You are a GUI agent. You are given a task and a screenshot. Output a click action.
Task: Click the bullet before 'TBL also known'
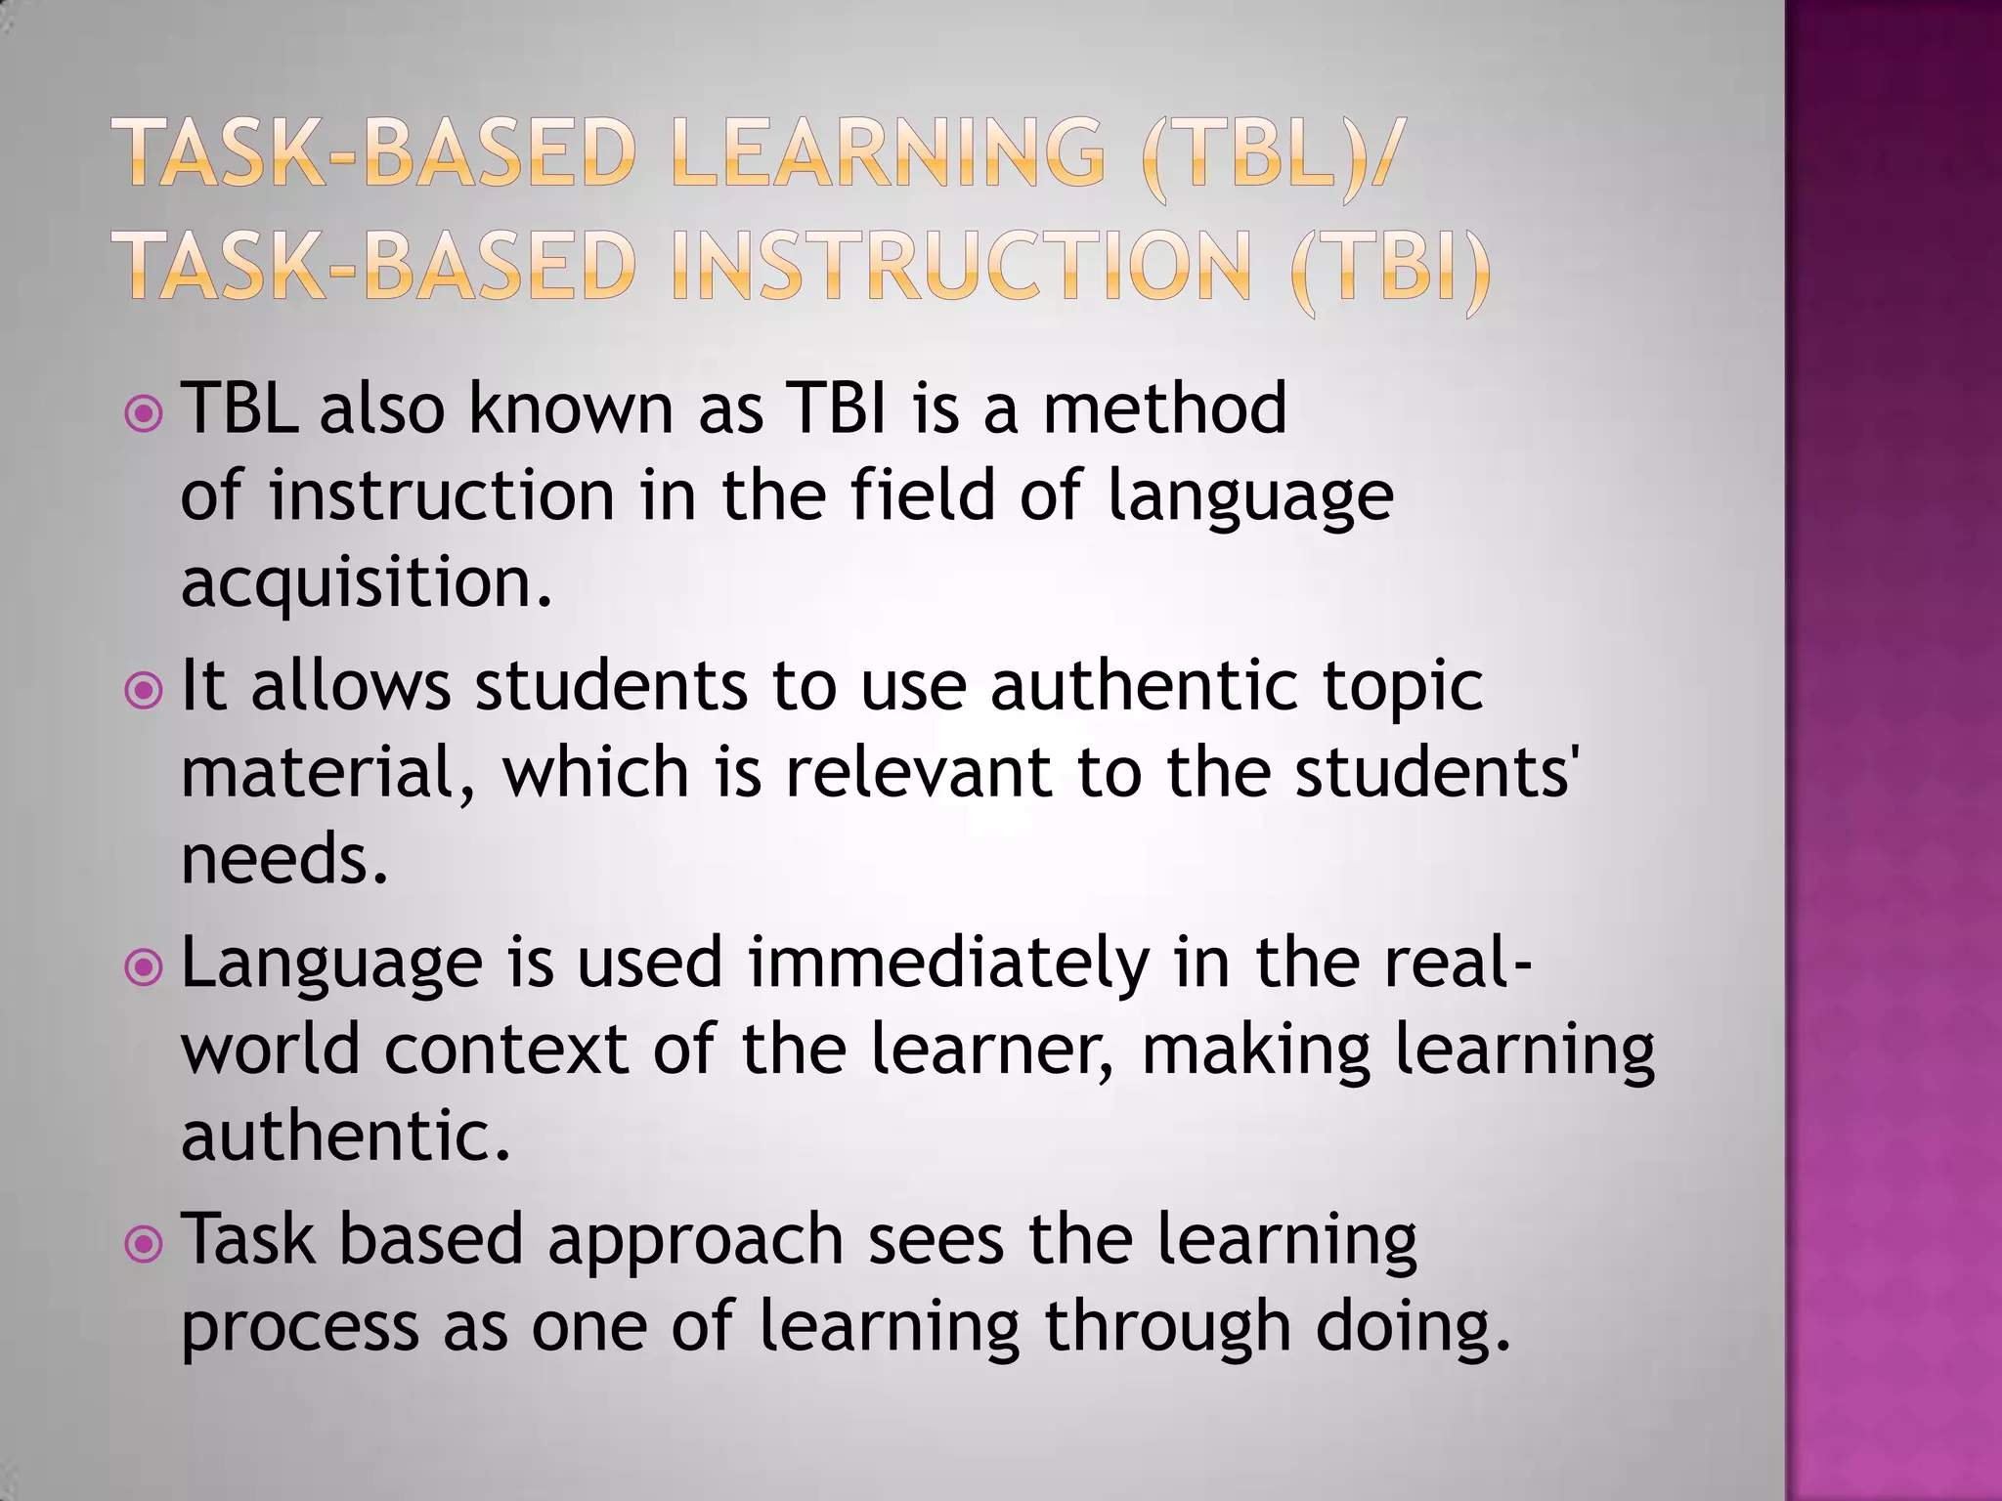point(145,414)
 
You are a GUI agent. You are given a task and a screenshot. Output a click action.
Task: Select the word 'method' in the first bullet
point(1164,408)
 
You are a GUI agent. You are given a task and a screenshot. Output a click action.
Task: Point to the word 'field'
point(922,494)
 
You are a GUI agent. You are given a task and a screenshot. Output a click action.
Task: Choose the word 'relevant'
point(918,772)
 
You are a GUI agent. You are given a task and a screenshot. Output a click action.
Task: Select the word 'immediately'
point(948,964)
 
